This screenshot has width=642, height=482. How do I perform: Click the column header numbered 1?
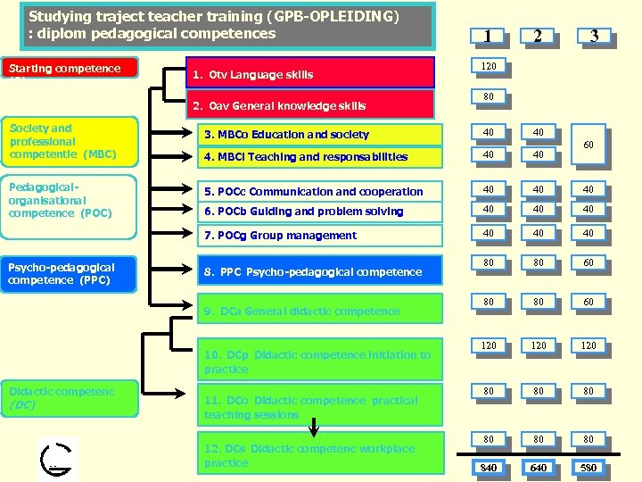pos(488,36)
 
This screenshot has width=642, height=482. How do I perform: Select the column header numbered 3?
pos(594,36)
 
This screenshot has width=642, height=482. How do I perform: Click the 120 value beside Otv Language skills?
pos(489,66)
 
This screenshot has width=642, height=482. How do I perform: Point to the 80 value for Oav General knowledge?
pos(489,96)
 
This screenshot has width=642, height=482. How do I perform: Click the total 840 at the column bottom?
pos(489,468)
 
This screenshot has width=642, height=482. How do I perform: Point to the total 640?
pos(538,468)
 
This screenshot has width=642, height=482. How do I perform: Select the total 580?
pos(588,468)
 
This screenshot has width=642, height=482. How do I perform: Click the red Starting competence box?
pos(70,69)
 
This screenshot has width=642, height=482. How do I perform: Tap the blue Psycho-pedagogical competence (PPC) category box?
pos(70,274)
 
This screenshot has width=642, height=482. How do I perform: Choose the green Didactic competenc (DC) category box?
pos(70,398)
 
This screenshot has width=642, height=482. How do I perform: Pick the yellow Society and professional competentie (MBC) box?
pos(70,142)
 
